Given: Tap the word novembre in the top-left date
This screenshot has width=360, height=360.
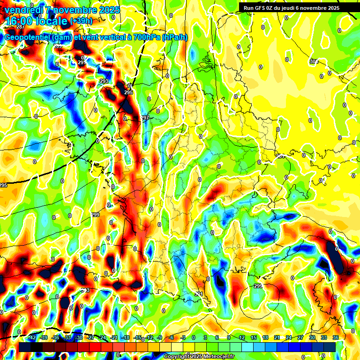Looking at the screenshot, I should click(73, 10).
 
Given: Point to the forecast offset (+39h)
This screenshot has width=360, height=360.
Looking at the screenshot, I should click(81, 21).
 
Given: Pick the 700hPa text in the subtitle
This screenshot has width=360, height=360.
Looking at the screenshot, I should click(144, 37).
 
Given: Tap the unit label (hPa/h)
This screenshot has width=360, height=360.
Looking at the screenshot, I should click(174, 37).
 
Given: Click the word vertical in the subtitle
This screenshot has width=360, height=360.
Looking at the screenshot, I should click(112, 37).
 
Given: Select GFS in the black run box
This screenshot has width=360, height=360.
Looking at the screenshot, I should click(265, 8).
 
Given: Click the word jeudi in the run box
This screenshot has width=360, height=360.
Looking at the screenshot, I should click(296, 8).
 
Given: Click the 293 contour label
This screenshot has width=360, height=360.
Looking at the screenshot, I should click(104, 82).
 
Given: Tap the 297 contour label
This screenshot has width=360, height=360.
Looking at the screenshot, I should click(145, 118).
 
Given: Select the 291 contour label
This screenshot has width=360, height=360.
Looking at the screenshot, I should click(81, 63).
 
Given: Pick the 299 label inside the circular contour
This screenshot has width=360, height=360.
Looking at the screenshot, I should click(258, 286).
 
